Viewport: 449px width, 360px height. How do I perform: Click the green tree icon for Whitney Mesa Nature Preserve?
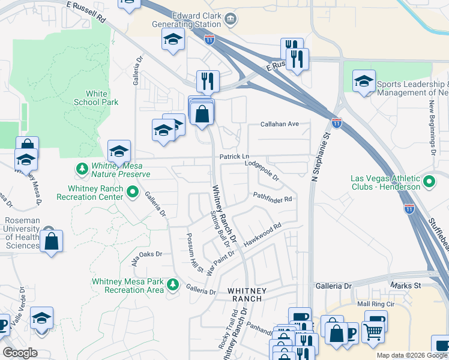click(x=82, y=169)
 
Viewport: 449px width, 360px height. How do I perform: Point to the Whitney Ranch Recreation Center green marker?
click(x=133, y=193)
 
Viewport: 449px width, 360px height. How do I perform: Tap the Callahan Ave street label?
click(x=279, y=124)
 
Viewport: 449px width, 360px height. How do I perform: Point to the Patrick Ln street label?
click(x=234, y=156)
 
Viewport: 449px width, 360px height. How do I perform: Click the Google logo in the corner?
click(x=20, y=353)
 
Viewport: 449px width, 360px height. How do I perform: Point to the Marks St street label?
click(x=401, y=286)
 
